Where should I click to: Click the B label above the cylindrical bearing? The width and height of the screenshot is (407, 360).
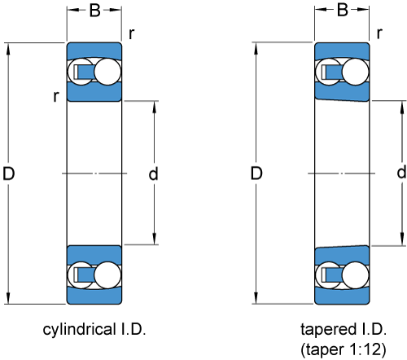(95, 11)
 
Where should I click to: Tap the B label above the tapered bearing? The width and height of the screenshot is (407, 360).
(343, 11)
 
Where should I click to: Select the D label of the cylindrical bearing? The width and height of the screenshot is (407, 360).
(8, 173)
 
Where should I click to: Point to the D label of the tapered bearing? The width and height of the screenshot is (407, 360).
(256, 173)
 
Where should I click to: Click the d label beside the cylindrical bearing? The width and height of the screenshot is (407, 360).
(153, 173)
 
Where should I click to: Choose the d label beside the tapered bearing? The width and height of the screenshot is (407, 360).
(401, 173)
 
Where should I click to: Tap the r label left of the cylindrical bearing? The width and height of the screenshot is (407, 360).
(56, 96)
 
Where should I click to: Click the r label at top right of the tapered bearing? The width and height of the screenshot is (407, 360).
(379, 33)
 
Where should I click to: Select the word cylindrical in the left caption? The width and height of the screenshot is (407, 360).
(80, 330)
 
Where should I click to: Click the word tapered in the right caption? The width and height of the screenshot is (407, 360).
(328, 329)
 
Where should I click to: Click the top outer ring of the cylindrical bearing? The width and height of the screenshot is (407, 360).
(94, 50)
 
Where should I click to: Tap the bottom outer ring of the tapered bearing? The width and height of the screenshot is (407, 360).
(342, 296)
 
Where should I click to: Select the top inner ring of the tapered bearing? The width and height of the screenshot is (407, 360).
(342, 92)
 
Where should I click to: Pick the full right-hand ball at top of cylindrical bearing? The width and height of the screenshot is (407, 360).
(107, 72)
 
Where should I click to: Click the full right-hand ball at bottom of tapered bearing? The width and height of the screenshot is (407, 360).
(356, 275)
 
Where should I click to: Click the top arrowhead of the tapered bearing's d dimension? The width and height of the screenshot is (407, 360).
(402, 107)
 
